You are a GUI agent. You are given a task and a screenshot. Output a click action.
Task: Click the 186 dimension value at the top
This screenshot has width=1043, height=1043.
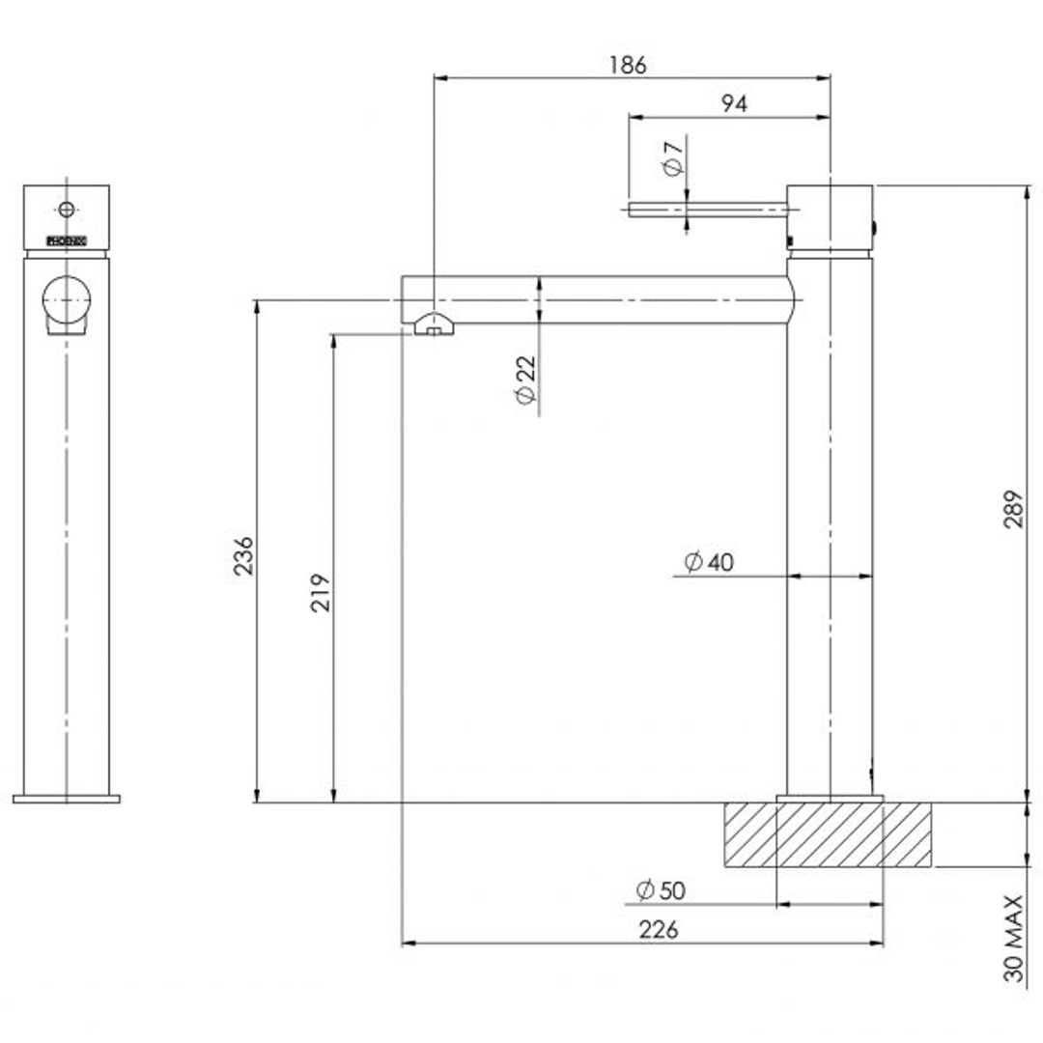click(x=628, y=66)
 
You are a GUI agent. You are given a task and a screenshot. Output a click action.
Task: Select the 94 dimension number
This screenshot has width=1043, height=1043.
click(x=734, y=104)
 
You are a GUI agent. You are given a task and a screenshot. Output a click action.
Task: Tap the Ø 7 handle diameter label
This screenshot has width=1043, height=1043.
click(x=673, y=156)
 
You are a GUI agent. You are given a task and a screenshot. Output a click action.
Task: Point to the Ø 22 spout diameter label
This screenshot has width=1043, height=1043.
click(x=524, y=380)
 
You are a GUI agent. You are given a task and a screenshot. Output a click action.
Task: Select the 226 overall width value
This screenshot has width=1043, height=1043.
click(x=659, y=929)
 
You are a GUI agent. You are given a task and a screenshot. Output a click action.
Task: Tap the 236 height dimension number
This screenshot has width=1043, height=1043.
click(x=243, y=555)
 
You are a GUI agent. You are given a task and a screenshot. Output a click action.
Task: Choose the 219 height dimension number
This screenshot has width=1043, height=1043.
click(x=321, y=592)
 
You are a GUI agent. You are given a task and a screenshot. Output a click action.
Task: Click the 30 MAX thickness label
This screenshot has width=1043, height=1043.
click(x=1012, y=938)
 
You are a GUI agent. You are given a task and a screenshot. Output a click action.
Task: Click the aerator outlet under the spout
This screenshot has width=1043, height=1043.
click(x=435, y=326)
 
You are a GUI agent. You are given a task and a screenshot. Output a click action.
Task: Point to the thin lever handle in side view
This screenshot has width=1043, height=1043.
click(x=705, y=209)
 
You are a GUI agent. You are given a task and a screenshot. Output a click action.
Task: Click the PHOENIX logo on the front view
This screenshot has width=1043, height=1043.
click(x=67, y=241)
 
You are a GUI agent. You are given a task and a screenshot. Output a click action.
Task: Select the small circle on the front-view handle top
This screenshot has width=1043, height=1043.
click(x=66, y=209)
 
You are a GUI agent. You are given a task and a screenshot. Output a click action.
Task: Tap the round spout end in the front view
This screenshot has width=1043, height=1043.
click(x=66, y=299)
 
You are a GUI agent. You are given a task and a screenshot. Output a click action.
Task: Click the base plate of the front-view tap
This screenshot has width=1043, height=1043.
click(x=66, y=799)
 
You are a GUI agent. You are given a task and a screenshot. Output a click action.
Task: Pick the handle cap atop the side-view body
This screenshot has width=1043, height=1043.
click(x=830, y=217)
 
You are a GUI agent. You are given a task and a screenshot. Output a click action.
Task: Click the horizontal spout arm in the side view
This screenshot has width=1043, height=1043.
click(x=599, y=299)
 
